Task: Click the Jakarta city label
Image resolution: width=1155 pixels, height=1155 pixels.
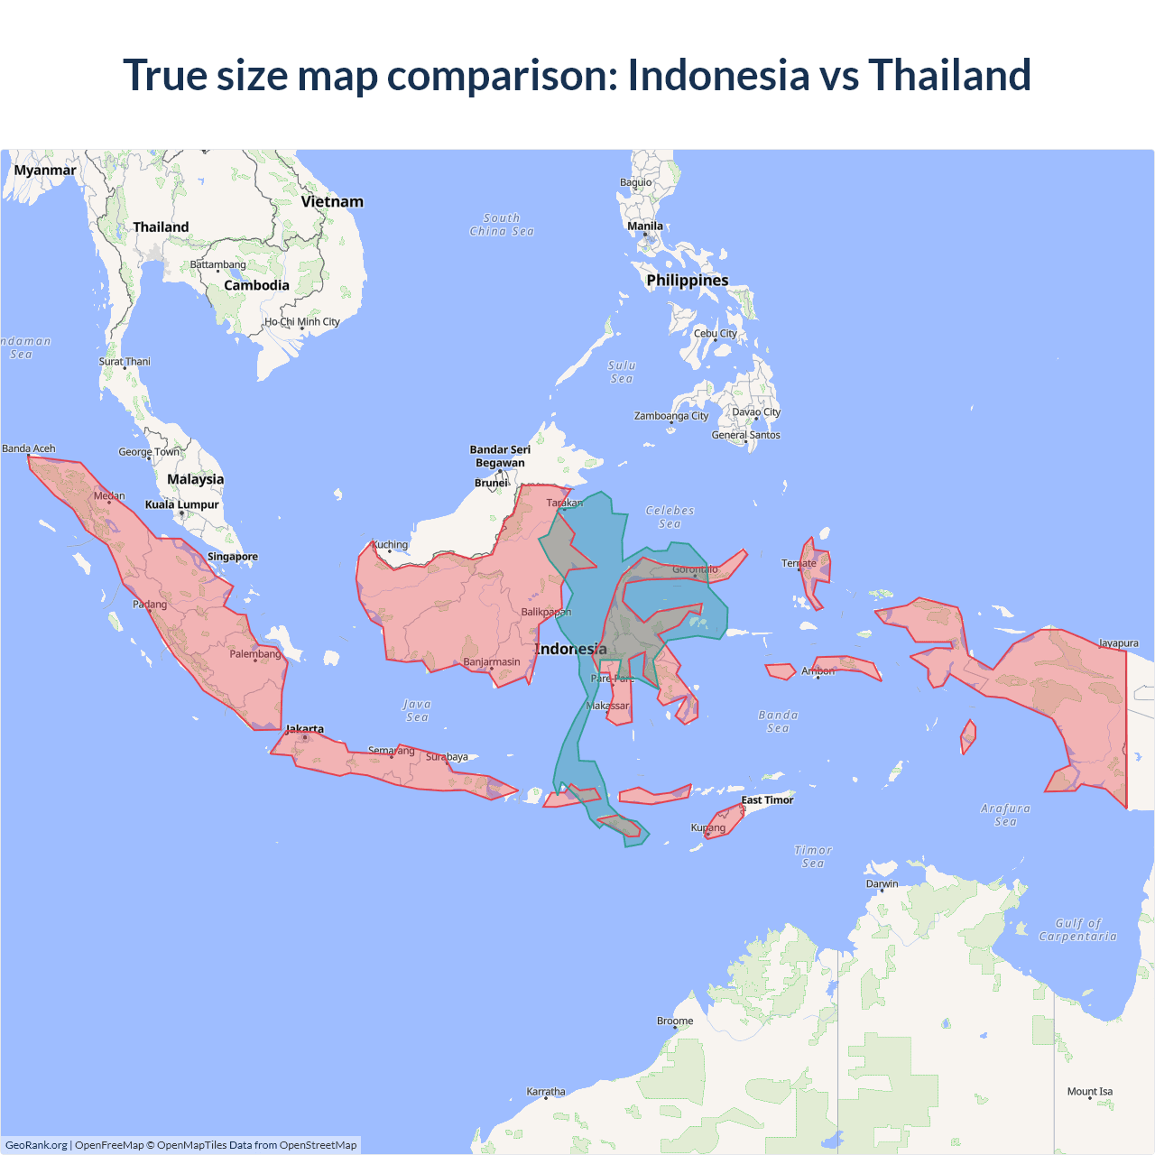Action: coord(304,729)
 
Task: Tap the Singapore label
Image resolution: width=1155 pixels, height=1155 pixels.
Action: coord(233,557)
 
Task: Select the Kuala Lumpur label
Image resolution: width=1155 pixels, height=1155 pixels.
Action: coord(182,504)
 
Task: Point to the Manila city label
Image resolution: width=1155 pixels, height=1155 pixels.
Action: coord(645,226)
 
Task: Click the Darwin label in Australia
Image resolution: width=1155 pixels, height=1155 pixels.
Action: coord(882,883)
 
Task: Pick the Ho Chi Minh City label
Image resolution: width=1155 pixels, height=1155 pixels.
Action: coord(302,321)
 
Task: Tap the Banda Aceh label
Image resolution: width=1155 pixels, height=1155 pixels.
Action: coord(29,448)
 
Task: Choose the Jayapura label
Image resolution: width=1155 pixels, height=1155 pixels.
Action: coord(1118,643)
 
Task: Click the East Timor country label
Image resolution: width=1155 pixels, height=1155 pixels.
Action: coord(767,799)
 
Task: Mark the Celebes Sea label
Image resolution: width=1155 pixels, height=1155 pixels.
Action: coord(670,517)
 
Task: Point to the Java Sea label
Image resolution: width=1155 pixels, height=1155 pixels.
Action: coord(417,711)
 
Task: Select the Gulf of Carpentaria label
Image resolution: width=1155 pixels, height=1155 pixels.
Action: coord(1077,930)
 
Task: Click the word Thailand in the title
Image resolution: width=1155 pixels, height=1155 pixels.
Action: coord(949,75)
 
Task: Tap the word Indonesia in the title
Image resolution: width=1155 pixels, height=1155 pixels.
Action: coord(718,75)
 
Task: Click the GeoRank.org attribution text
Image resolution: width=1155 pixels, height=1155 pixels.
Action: coord(36,1145)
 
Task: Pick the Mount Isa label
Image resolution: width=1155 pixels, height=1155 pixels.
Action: coord(1089,1092)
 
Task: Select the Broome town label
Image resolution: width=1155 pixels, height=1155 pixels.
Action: coord(675,1021)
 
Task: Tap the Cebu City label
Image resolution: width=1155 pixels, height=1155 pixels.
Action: coord(715,334)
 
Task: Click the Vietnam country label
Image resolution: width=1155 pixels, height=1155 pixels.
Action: coord(332,202)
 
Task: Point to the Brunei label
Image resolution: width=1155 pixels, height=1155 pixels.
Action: coord(492,483)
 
